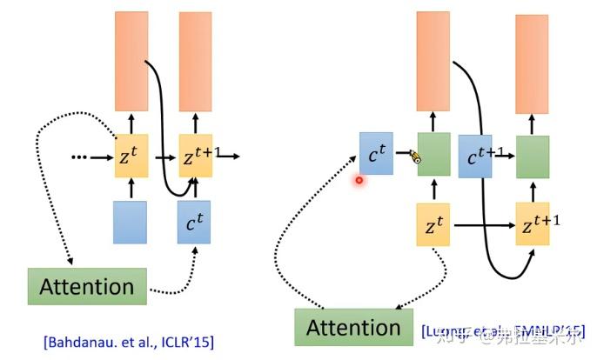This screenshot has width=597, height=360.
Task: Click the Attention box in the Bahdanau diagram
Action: [86, 287]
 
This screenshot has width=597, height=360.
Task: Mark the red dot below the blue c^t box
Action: [358, 180]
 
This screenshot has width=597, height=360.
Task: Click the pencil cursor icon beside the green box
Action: [415, 157]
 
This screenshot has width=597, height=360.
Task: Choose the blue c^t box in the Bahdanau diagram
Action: [195, 221]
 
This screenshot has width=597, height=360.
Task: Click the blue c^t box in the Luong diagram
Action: [377, 155]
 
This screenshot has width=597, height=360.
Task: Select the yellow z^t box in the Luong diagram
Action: [433, 224]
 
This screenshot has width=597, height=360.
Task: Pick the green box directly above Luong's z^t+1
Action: [532, 157]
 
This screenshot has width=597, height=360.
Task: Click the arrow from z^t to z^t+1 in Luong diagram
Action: [482, 225]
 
